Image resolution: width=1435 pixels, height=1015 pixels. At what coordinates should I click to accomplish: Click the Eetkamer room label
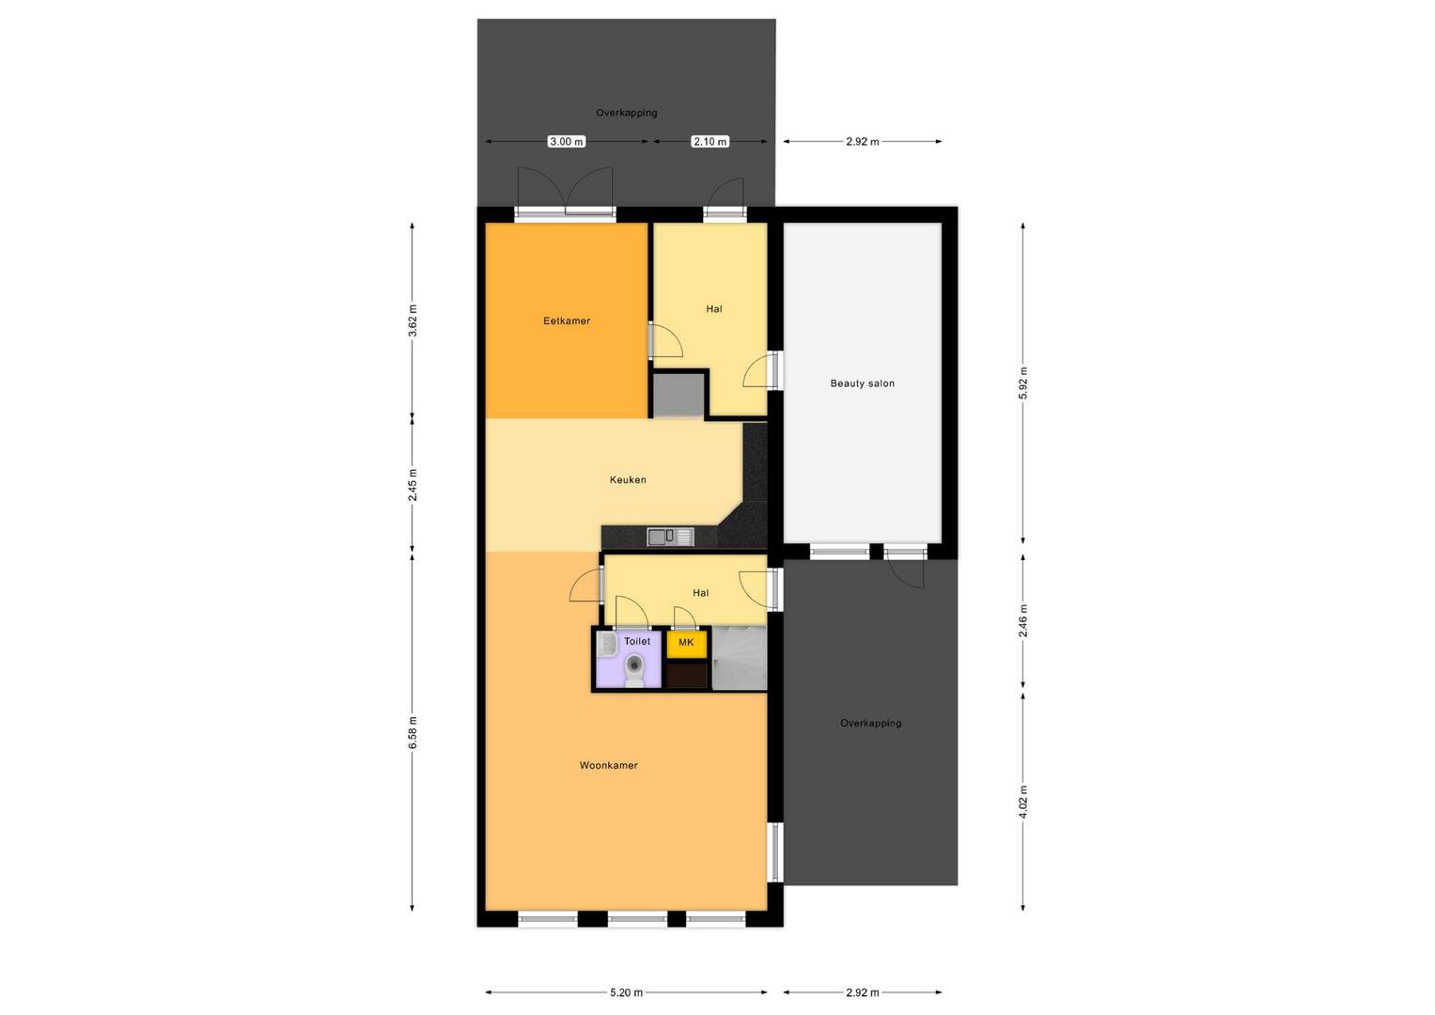click(567, 321)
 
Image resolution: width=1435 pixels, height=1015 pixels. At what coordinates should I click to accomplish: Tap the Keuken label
click(627, 480)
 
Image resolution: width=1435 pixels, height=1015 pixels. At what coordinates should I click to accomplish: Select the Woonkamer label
click(608, 765)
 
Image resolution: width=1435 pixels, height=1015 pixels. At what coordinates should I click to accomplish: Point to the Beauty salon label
click(862, 383)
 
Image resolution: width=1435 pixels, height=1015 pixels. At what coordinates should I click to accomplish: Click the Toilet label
click(637, 641)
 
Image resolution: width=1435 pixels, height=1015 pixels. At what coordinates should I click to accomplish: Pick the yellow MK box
click(686, 644)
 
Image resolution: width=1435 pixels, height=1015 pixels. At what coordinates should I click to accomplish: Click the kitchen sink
click(670, 537)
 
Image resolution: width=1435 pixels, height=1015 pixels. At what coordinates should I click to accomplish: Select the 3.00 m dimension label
click(567, 141)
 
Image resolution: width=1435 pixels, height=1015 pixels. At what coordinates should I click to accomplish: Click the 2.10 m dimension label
click(710, 141)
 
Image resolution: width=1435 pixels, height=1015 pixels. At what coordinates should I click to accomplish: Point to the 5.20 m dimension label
click(626, 992)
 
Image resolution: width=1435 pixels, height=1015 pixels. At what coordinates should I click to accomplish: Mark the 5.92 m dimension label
click(1023, 383)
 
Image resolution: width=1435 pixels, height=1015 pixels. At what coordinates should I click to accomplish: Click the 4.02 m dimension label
click(1023, 802)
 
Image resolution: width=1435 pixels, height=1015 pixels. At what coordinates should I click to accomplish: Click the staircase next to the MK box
click(740, 658)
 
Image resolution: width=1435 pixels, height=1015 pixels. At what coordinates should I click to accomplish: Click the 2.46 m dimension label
click(1023, 621)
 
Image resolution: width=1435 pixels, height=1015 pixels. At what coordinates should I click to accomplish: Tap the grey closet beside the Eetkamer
click(679, 395)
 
